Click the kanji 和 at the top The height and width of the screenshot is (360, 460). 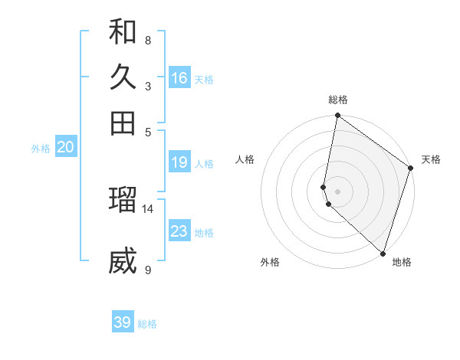coord(123,33)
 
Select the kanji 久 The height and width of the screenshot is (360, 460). coord(123,78)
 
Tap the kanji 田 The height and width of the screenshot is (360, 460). coord(123,123)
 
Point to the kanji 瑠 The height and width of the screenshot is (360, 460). coord(123,199)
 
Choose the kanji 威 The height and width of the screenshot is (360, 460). coord(123,262)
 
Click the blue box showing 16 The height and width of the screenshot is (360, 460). coord(179,78)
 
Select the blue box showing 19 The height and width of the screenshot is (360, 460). coord(179,162)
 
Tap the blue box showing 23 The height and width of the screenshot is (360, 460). coord(179,231)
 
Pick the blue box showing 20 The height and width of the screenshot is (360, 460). coord(65,148)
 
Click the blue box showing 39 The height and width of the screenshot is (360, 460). coord(123,322)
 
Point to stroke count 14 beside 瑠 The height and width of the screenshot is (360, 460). coord(148,208)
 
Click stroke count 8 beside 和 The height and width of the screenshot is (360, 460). coord(148,40)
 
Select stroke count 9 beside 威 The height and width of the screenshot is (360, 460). coord(148,270)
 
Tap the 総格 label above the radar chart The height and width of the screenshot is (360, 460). coord(338,100)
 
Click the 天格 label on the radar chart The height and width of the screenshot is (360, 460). coord(431,159)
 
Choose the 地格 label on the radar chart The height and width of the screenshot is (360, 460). coord(402,262)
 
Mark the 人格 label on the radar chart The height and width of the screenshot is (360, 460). coord(245,159)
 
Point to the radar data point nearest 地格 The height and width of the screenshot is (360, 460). coord(383,253)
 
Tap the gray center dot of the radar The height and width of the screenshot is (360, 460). coord(338,191)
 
